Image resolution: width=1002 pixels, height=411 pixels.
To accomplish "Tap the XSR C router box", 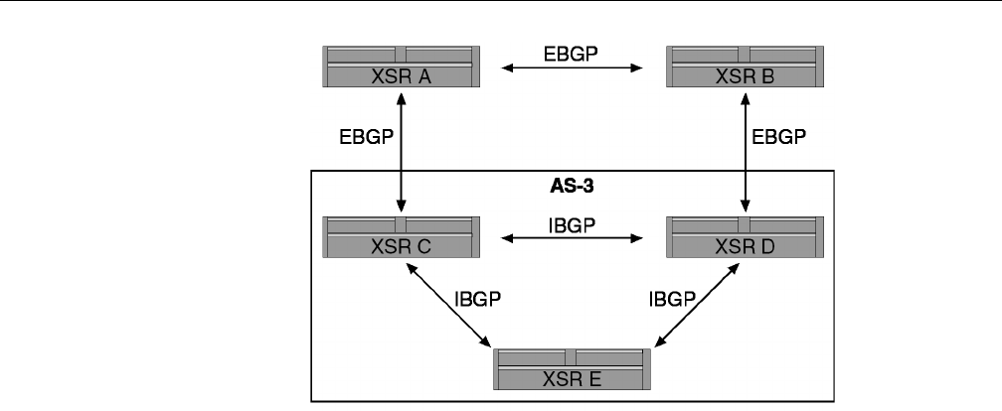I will [x=403, y=236].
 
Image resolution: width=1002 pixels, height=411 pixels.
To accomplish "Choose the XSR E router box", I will [x=574, y=368].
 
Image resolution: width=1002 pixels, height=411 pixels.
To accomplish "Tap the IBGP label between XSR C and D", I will [x=572, y=225].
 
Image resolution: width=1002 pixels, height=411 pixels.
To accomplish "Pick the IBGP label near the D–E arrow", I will [x=673, y=297].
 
